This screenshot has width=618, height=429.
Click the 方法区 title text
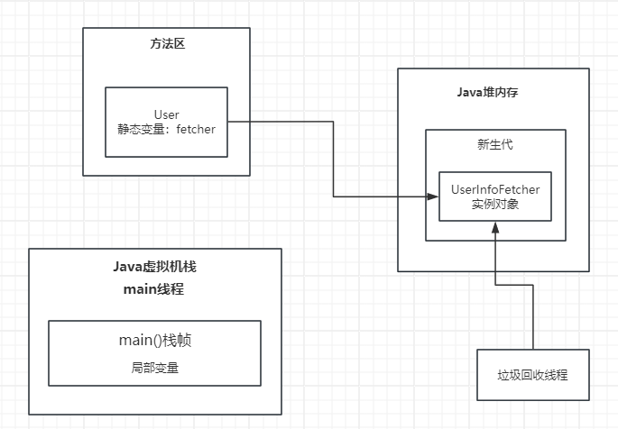pyautogui.click(x=166, y=44)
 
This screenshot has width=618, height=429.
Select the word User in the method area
pyautogui.click(x=167, y=114)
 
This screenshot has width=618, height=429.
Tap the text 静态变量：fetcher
pyautogui.click(x=167, y=129)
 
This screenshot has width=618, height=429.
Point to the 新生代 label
pyautogui.click(x=494, y=145)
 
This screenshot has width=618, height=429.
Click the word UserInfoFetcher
pyautogui.click(x=494, y=190)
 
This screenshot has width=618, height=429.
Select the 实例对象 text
pyautogui.click(x=494, y=205)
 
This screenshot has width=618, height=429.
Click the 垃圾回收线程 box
pyautogui.click(x=532, y=375)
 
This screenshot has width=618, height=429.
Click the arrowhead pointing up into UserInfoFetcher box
pyautogui.click(x=493, y=227)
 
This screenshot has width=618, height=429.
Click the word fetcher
pyautogui.click(x=196, y=129)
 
